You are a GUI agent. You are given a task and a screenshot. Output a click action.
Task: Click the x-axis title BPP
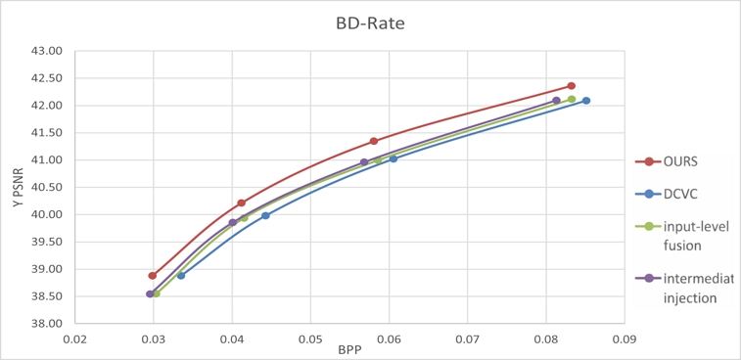click(348, 349)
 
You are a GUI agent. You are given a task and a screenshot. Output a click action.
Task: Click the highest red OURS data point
click(571, 86)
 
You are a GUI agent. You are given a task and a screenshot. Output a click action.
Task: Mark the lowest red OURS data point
click(152, 276)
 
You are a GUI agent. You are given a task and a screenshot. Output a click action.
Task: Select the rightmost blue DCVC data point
click(585, 101)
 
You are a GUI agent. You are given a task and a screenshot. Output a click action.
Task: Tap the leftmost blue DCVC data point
click(180, 276)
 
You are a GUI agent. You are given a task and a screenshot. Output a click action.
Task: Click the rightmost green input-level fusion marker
click(572, 99)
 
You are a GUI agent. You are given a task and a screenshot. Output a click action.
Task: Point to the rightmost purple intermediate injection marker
click(556, 101)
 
